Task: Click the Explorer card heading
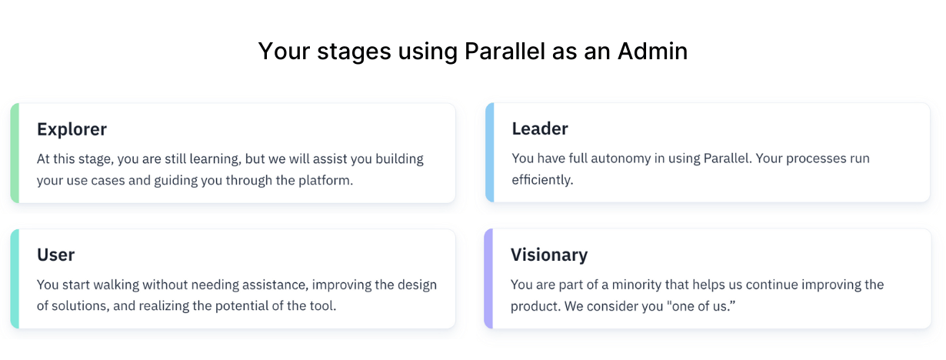click(x=72, y=129)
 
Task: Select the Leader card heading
click(x=540, y=128)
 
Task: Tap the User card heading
click(x=55, y=255)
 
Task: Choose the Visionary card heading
click(x=549, y=255)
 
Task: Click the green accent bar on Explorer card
click(x=15, y=153)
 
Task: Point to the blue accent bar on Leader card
click(x=489, y=152)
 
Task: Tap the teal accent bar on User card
click(x=15, y=278)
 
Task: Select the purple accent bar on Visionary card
click(x=488, y=278)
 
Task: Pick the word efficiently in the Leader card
click(x=541, y=181)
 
